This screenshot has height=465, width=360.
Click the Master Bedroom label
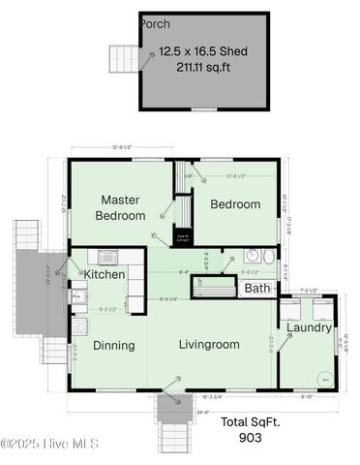[123, 207]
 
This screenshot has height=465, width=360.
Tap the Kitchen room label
[105, 275]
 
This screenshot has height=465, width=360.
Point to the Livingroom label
[208, 344]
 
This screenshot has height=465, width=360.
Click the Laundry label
[308, 327]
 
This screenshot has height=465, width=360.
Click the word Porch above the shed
[155, 23]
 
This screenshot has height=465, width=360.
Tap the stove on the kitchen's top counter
[108, 257]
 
